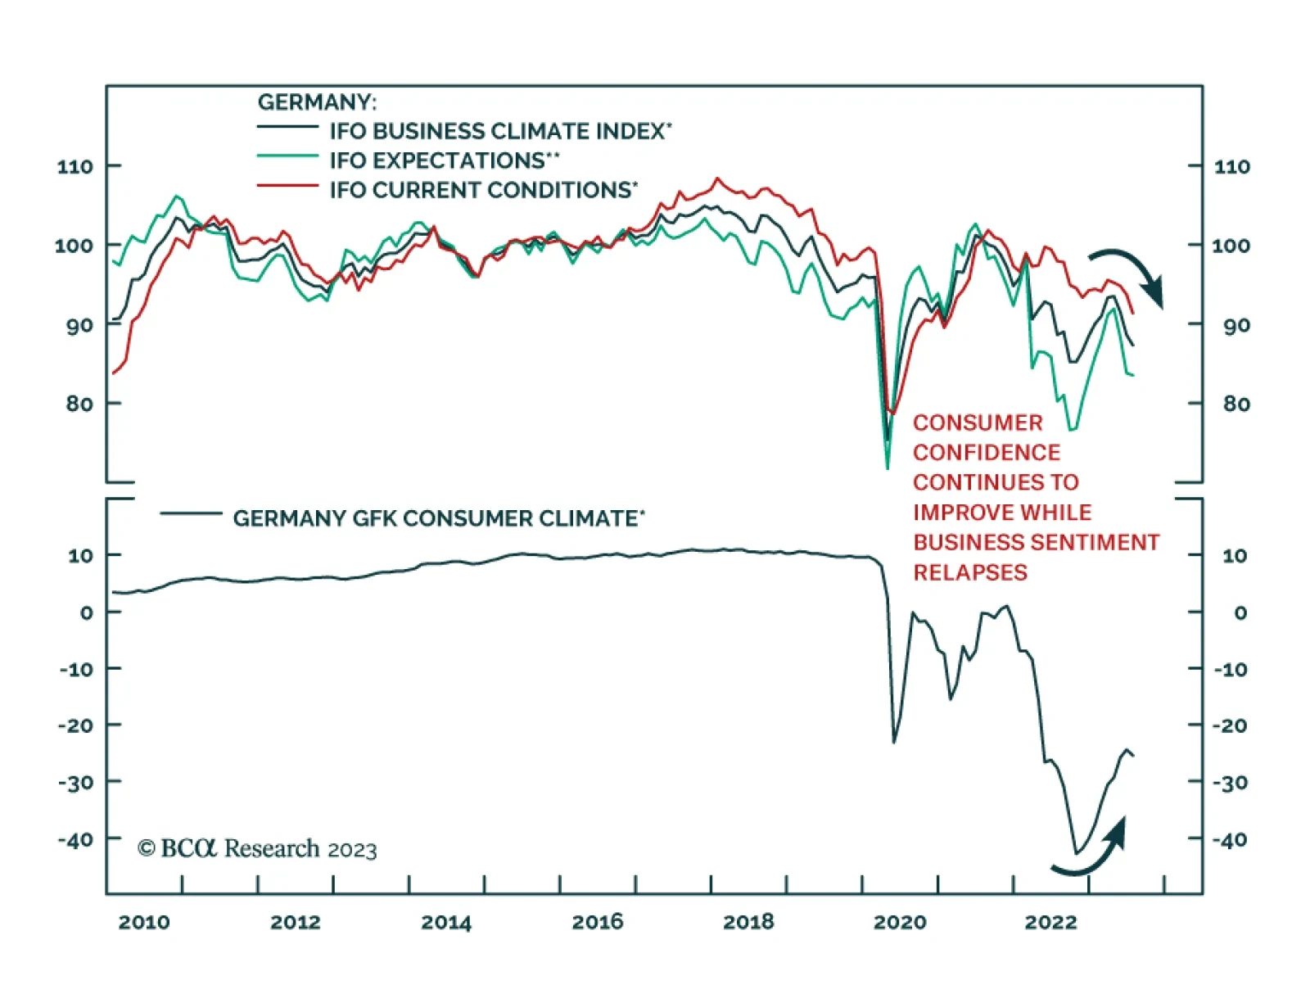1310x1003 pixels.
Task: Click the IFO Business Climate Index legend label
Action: click(x=499, y=131)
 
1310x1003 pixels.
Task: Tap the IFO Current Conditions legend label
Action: click(x=483, y=190)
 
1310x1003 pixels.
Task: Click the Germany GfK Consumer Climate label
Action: click(x=438, y=518)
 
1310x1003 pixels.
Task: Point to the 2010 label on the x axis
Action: click(x=144, y=923)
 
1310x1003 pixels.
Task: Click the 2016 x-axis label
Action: click(x=597, y=923)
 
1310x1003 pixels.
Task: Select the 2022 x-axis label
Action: click(x=1050, y=923)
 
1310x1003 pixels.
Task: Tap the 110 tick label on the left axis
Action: click(x=75, y=166)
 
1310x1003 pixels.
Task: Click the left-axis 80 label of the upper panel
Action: click(x=79, y=403)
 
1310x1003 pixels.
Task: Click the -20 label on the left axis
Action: click(x=78, y=725)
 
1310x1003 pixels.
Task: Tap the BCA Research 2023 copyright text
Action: click(x=257, y=849)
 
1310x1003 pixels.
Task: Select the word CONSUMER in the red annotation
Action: click(x=978, y=423)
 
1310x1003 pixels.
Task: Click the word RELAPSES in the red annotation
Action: click(x=970, y=572)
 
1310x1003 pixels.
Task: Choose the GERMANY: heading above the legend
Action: click(x=317, y=102)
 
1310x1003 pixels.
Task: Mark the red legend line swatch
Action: click(x=287, y=186)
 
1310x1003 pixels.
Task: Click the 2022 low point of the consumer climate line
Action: click(x=1077, y=853)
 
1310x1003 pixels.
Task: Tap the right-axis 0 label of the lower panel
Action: click(x=1240, y=612)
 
